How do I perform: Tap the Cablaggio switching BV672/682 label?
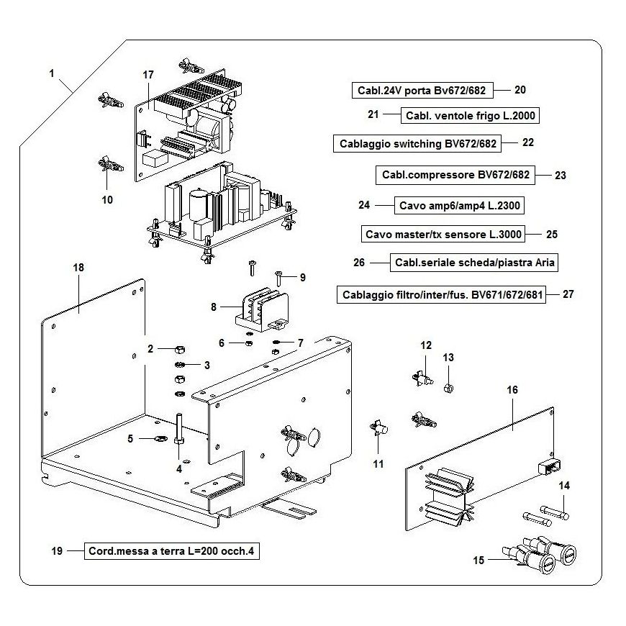coord(418,143)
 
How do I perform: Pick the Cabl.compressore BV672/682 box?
coord(455,175)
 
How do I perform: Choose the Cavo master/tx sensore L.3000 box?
coord(443,235)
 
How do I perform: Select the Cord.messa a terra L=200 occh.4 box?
coord(171,552)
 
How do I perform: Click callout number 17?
coord(148,75)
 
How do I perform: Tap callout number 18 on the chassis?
coord(78,268)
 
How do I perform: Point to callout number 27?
coord(568,294)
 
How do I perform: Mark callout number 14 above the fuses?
coord(564,486)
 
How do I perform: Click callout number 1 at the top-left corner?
coord(52,73)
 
